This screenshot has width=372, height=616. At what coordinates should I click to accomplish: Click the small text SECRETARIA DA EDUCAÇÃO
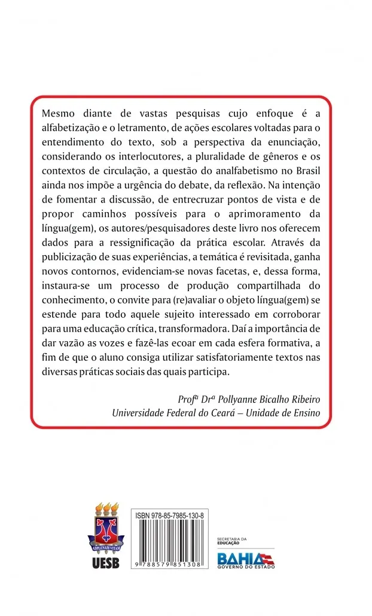tap(228, 541)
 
